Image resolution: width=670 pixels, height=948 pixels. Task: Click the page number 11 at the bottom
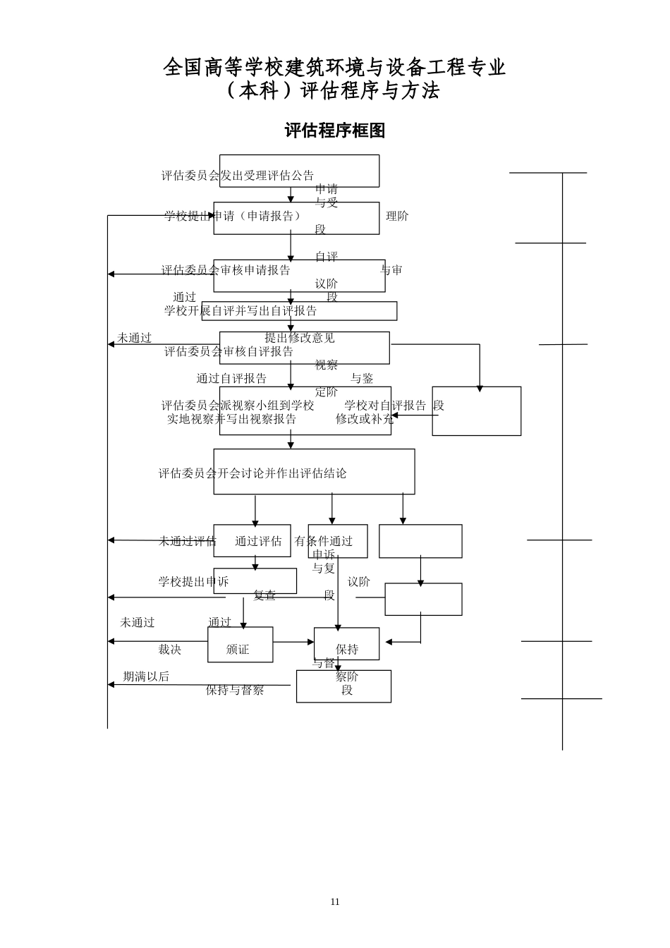[335, 901]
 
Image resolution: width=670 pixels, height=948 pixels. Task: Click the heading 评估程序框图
[334, 130]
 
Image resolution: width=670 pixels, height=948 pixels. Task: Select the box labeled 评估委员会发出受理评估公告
[299, 171]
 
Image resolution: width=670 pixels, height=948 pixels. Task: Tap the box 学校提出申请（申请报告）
[296, 218]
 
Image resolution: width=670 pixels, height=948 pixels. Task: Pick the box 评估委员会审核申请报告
[299, 275]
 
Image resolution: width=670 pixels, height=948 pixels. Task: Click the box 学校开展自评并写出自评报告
[299, 311]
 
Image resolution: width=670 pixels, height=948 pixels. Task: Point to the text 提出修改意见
[300, 338]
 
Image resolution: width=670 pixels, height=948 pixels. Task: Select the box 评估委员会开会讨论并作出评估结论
[314, 472]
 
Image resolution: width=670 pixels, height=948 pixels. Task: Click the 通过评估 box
[252, 541]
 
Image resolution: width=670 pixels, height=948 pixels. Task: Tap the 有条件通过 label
[324, 541]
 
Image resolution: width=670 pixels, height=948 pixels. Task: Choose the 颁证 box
[240, 645]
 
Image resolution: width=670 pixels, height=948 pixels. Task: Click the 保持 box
[346, 644]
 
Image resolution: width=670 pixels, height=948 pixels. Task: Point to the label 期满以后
[146, 676]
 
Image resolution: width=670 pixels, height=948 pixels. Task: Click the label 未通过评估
[187, 541]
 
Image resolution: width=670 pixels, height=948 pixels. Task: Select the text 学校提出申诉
[193, 582]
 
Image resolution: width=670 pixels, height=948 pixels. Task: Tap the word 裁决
[170, 650]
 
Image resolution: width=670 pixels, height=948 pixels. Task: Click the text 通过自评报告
[231, 379]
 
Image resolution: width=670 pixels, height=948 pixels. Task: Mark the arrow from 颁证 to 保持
[293, 642]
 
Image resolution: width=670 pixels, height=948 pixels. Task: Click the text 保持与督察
[235, 691]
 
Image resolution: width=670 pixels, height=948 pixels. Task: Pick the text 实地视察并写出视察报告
[232, 419]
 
